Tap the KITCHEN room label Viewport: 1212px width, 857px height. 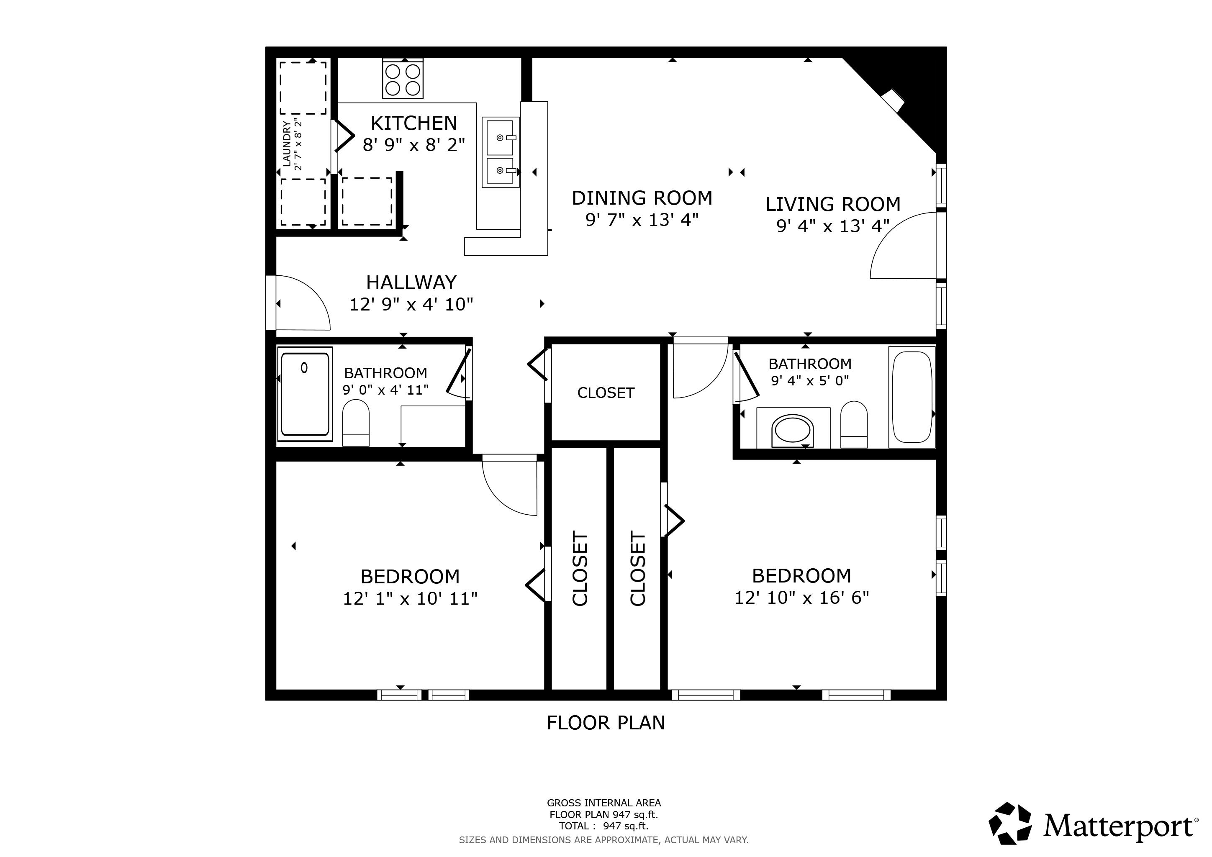[414, 123]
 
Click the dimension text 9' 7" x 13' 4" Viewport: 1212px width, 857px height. [642, 220]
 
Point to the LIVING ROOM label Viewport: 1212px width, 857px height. [832, 204]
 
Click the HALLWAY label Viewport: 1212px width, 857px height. [411, 283]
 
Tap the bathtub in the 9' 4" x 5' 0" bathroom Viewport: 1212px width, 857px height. [912, 397]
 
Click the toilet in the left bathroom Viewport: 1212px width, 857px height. [356, 422]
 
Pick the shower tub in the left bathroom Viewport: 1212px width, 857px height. [305, 394]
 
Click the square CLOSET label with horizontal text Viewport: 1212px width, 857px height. [606, 393]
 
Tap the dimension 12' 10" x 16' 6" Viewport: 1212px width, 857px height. [801, 598]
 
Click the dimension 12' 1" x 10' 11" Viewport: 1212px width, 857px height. [410, 598]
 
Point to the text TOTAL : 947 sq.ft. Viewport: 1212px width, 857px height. [603, 826]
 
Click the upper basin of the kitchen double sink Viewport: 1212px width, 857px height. [500, 137]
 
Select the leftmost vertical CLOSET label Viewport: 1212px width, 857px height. [580, 568]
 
